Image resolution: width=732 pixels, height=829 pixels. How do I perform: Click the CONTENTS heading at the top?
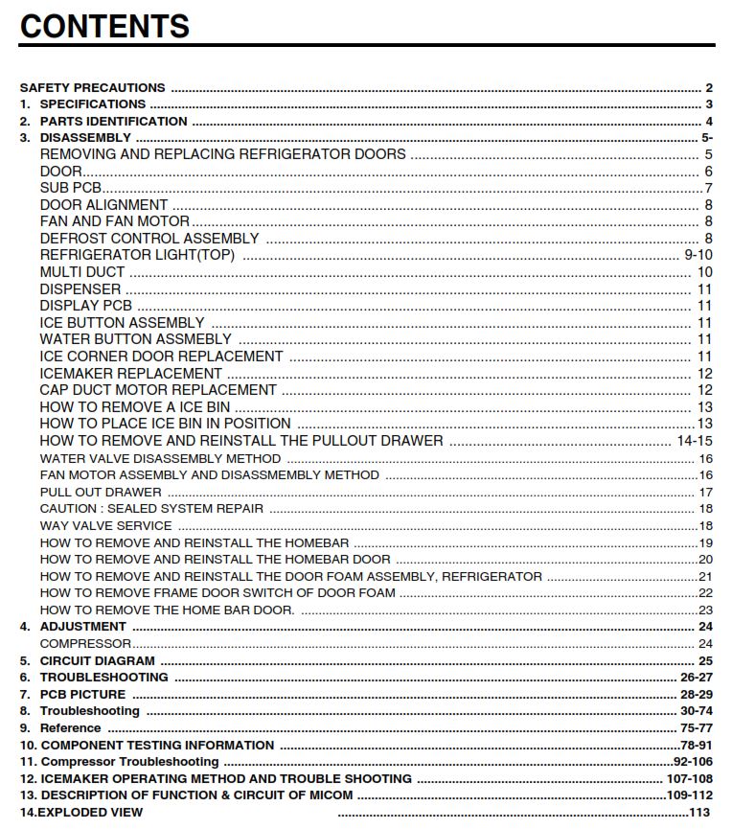pos(104,25)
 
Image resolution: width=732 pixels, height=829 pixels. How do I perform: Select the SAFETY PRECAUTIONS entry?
pos(92,87)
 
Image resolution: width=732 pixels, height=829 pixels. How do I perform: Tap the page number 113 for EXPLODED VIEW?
pos(700,813)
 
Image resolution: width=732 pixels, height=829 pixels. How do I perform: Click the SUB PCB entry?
pos(71,188)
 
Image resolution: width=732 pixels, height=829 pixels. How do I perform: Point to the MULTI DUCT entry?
pos(82,272)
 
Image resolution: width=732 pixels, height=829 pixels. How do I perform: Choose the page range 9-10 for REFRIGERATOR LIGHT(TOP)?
pos(698,255)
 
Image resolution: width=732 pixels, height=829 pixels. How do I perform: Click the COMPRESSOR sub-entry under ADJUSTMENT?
pos(85,644)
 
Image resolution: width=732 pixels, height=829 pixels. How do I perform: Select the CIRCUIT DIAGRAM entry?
pos(97,661)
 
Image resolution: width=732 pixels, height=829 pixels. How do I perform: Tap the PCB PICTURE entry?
pos(82,694)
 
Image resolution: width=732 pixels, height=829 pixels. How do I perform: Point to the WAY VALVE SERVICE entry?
pos(105,525)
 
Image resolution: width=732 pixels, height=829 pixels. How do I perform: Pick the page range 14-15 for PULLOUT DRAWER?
pos(695,441)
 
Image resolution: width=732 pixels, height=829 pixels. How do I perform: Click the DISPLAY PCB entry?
pos(85,306)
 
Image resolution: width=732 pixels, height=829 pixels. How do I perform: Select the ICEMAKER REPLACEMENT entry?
pos(130,373)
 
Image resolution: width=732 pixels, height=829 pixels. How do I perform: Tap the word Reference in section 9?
pos(70,728)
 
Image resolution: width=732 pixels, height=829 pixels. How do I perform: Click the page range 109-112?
pos(690,795)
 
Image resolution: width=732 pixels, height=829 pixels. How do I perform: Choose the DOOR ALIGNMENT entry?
pos(103,205)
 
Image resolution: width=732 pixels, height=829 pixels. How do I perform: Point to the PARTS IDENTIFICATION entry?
pos(113,121)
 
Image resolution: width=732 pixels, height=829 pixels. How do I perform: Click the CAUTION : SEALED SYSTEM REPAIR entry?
pos(151,509)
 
